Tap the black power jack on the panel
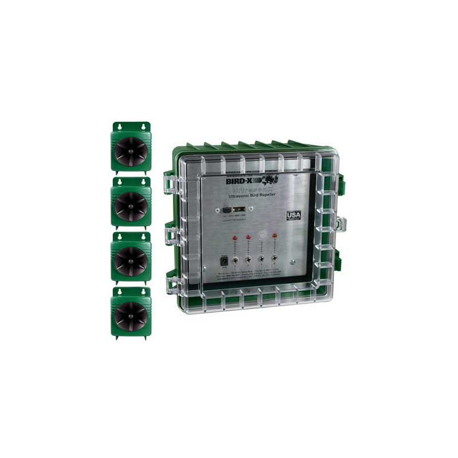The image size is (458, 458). point(224,261)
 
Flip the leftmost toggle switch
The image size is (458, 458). point(235,260)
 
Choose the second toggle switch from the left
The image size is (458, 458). point(248,260)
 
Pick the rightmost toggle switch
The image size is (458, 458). point(275,260)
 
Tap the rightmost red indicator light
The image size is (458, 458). point(275,235)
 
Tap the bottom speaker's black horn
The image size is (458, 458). point(131,315)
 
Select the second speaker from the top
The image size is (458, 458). point(131,205)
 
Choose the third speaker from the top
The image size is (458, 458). point(131,260)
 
